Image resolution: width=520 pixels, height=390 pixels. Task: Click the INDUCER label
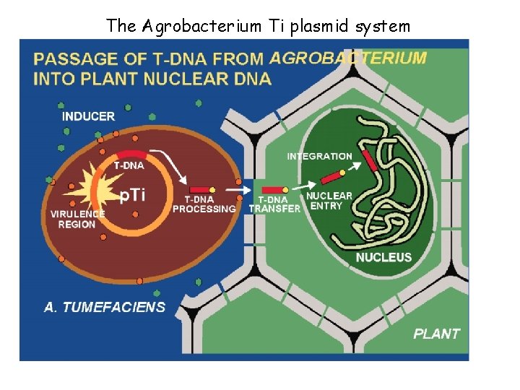(88, 116)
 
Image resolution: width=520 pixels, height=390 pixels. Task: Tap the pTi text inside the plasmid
(132, 194)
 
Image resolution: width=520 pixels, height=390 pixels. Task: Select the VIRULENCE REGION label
(77, 219)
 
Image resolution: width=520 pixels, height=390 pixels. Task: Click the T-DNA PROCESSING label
(204, 204)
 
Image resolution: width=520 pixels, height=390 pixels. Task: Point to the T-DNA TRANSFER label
(274, 204)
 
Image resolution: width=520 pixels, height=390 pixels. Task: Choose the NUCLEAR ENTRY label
(329, 201)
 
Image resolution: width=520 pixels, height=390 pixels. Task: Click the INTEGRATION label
(320, 156)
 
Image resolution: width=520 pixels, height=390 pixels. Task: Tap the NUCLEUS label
(383, 257)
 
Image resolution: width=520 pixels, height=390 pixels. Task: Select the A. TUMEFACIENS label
(105, 307)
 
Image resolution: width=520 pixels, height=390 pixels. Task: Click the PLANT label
(436, 334)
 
